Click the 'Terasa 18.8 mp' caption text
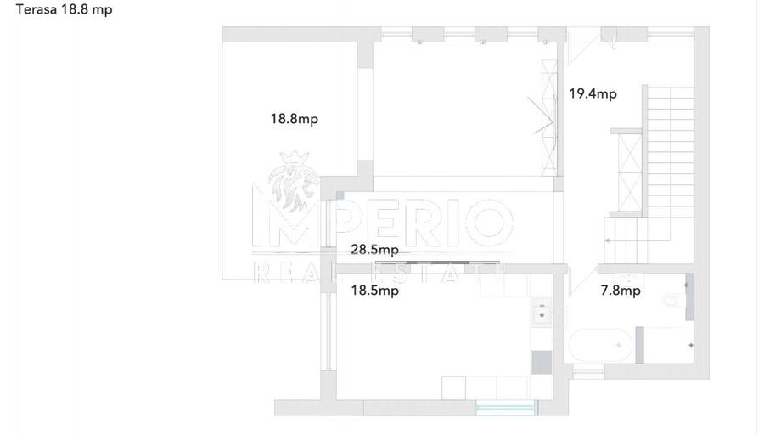tap(64, 9)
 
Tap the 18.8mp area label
tap(295, 119)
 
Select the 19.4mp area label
tap(593, 93)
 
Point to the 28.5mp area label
tap(374, 250)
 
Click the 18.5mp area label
tap(374, 291)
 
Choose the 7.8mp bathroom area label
tap(621, 291)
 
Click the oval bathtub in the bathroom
tap(601, 345)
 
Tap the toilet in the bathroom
tap(673, 300)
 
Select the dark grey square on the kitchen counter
tap(542, 362)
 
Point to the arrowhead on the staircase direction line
tap(607, 240)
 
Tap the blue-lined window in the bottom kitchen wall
tap(506, 407)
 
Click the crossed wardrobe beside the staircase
tap(630, 172)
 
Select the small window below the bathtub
tap(588, 374)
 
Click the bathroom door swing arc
tap(581, 284)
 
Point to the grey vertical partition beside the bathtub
tap(639, 345)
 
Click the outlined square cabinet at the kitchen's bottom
tap(453, 387)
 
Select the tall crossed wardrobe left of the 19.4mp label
tap(549, 117)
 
